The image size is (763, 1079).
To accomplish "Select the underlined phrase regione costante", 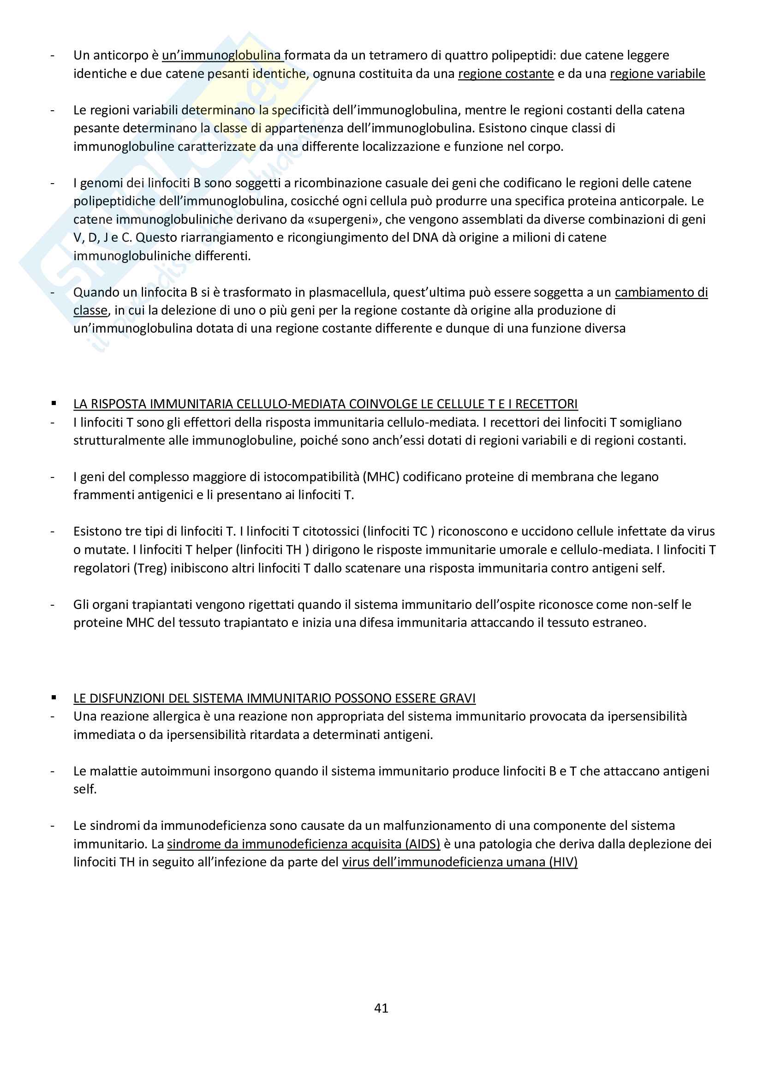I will coord(506,74).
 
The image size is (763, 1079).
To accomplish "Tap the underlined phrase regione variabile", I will coord(657,74).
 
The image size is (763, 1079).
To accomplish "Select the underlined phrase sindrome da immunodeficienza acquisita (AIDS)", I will coord(304,844).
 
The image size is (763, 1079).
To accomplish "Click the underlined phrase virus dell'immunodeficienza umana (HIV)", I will coord(459,862).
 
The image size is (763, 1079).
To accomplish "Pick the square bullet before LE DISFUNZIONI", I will coord(54,698).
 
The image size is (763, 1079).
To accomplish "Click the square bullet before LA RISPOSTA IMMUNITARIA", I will coord(54,404).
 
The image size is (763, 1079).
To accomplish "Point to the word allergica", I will coord(175,717).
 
